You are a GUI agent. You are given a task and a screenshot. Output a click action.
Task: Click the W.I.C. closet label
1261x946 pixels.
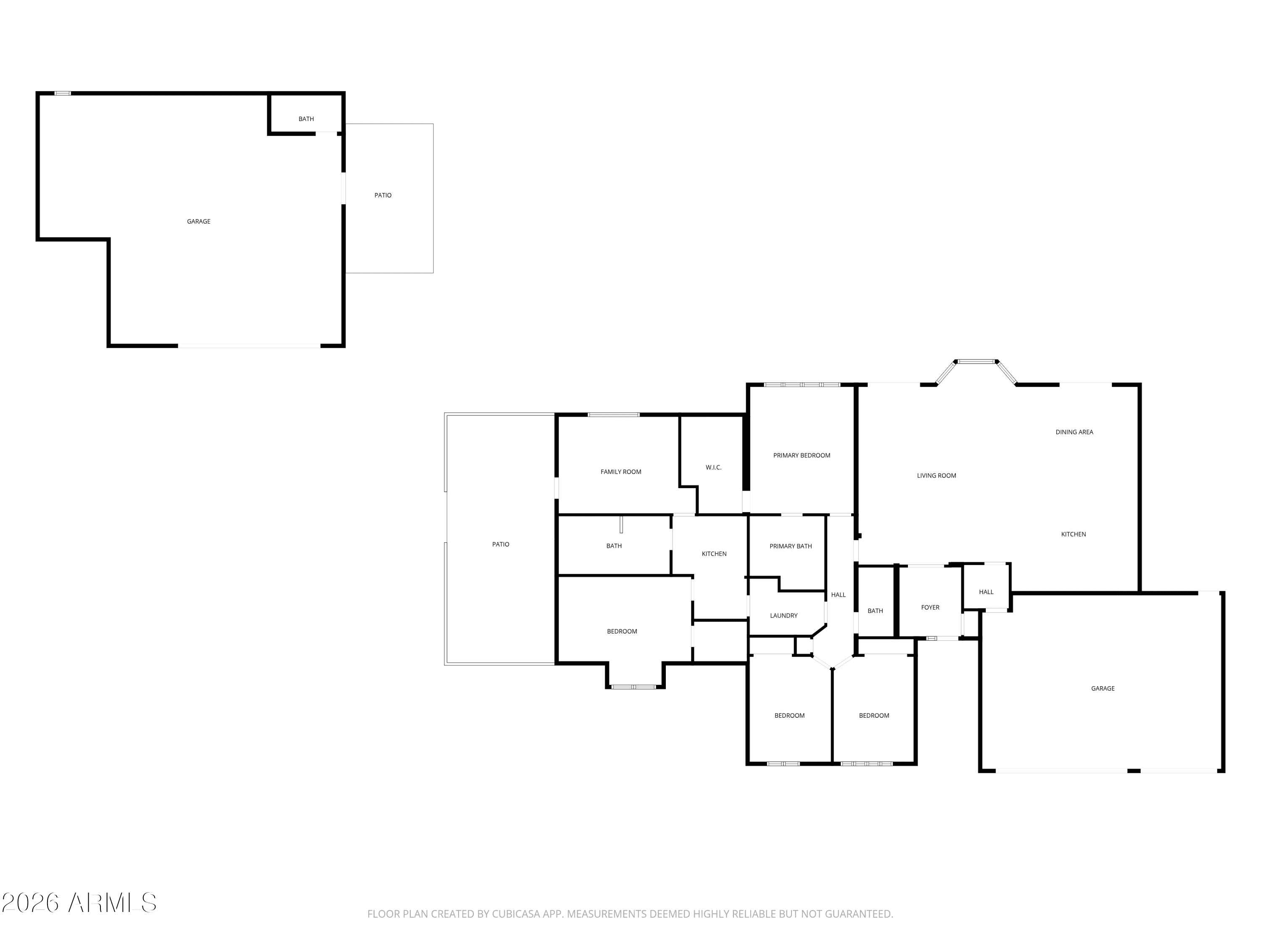coord(713,468)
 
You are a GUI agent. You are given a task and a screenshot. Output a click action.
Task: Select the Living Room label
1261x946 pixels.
coord(937,476)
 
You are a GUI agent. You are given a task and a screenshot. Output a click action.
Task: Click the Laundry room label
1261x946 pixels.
coord(784,616)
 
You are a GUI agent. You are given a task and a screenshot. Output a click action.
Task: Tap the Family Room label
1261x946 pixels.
coord(621,472)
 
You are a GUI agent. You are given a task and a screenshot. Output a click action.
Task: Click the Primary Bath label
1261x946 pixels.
coord(791,546)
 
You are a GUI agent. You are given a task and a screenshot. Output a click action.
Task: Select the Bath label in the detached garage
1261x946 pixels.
coord(306,119)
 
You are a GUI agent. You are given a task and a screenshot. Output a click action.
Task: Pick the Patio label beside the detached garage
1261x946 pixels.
coord(383,196)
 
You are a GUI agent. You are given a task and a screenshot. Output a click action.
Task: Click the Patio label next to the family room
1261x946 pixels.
coord(501,544)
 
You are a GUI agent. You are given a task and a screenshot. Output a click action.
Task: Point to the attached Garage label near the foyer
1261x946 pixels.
coord(1103,688)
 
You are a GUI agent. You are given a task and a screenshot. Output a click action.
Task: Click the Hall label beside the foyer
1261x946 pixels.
coord(986,592)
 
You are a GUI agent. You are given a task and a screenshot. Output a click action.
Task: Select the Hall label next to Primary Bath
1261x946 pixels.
coord(839,595)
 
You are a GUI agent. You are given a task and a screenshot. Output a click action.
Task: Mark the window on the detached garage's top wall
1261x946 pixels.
coord(63,93)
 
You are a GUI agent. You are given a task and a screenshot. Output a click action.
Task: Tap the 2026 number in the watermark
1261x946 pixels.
coord(31,903)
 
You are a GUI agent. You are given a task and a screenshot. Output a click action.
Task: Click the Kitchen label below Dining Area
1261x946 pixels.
coord(1074,534)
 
